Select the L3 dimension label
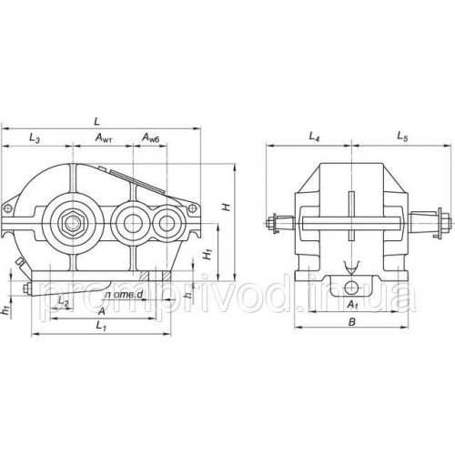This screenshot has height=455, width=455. [34, 137]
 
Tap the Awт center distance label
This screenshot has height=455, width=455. [106, 137]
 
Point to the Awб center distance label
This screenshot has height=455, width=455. [152, 137]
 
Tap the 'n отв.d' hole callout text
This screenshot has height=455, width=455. [121, 293]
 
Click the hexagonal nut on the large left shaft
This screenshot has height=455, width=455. [70, 219]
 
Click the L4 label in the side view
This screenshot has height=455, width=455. [314, 137]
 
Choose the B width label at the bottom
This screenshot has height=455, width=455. [351, 323]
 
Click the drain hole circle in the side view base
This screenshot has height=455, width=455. [352, 290]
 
